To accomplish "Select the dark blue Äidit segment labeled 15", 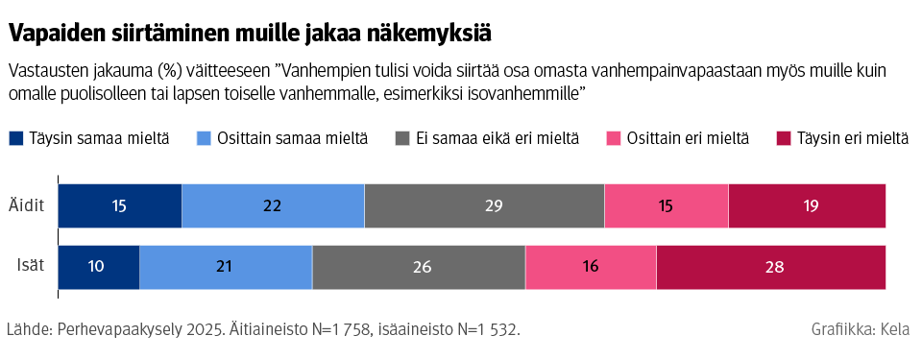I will (120, 206).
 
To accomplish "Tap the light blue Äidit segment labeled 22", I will (273, 206).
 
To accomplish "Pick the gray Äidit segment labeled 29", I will (484, 206).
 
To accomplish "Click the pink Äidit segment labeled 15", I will (667, 206).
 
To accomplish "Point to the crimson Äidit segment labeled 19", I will (807, 206).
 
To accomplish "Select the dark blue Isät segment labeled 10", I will (99, 267).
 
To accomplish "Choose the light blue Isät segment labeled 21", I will (226, 267).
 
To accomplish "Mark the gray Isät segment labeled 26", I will (419, 267).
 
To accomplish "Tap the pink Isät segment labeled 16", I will (591, 267).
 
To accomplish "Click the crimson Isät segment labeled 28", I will (770, 267).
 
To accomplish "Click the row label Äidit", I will (27, 206).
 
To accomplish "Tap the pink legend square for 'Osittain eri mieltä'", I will (614, 139).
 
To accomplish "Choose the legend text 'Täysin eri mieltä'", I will (852, 139).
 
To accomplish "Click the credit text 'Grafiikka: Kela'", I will (862, 330).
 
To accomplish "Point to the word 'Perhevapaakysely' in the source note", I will (124, 330).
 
